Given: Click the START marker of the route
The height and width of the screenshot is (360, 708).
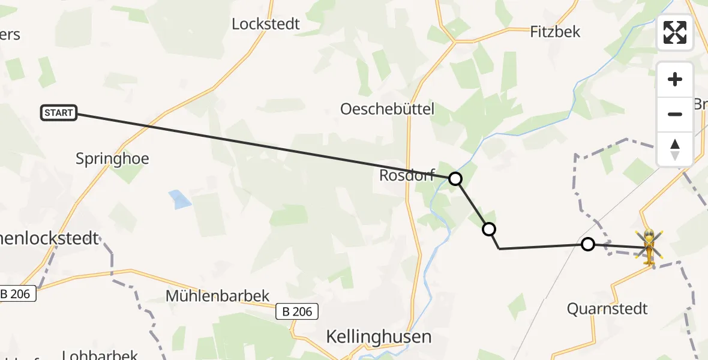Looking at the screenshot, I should [x=59, y=113].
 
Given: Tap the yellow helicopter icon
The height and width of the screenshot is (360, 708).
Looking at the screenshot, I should [x=649, y=247].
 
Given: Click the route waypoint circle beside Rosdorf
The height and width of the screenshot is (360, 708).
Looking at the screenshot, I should [x=455, y=178].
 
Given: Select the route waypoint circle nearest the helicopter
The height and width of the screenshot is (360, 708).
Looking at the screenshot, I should [x=588, y=244].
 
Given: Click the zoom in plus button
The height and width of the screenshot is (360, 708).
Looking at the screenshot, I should [x=675, y=80].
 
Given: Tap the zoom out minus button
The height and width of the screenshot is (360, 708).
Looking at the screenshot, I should [x=675, y=114].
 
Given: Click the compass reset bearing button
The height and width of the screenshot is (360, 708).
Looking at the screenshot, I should [x=675, y=149].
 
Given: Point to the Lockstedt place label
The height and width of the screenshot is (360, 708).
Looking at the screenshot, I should [x=266, y=25].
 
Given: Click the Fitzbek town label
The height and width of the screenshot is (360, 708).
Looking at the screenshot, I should [x=555, y=32].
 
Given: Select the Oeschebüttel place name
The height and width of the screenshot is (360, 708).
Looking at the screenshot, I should [x=387, y=109].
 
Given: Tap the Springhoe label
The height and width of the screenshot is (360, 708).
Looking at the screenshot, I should [x=112, y=159].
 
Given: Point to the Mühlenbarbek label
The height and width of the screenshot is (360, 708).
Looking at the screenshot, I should [x=218, y=296].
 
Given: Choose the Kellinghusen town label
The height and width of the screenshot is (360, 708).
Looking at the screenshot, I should [x=379, y=337].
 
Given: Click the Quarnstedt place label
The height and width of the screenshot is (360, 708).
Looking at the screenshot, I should [x=607, y=309].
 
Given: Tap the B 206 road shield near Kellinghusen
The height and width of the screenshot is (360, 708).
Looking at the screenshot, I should [x=297, y=311].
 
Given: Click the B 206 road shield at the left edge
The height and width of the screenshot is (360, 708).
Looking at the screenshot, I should [x=18, y=294].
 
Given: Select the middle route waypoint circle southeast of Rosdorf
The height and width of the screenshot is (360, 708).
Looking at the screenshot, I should [x=489, y=229].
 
